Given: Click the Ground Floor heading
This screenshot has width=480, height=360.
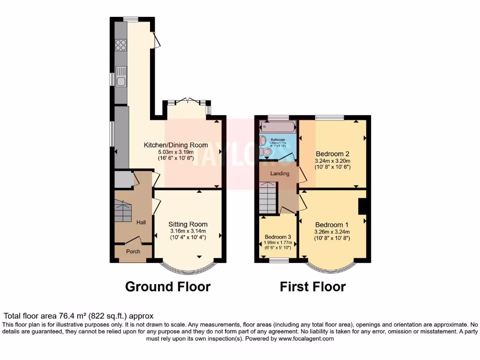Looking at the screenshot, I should (168, 286).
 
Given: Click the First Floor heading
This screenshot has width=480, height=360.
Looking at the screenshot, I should (313, 286).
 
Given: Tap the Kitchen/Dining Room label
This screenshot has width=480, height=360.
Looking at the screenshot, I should (176, 145).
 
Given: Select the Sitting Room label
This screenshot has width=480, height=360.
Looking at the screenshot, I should (188, 224).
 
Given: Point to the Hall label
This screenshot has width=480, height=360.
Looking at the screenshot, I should (141, 222).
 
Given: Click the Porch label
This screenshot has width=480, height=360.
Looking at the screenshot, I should (134, 251).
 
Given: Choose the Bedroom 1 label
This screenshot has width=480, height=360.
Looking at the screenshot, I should (332, 224).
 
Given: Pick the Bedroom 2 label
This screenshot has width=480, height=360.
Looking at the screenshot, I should (332, 154).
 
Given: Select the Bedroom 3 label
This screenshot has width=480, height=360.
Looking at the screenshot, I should (277, 237).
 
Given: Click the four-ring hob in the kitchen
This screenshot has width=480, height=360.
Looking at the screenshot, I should (120, 45).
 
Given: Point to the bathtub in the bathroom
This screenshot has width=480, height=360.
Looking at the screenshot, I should (278, 126).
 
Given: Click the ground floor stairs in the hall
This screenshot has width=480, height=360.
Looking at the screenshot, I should (123, 211).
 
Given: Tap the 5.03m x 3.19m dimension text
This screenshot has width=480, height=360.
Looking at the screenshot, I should (176, 152).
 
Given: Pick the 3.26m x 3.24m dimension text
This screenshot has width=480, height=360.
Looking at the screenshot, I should (332, 231).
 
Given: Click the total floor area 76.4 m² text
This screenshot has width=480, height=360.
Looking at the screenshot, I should (78, 316).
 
